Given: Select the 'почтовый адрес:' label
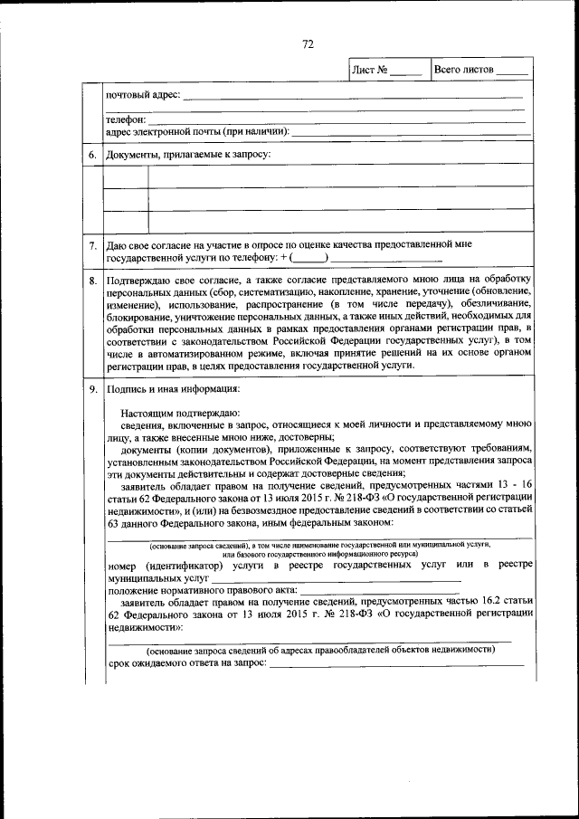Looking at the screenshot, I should [x=143, y=94].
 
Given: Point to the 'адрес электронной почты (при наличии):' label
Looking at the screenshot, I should [x=197, y=131].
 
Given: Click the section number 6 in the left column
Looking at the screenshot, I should [x=92, y=155].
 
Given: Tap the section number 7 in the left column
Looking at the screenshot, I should [x=92, y=245].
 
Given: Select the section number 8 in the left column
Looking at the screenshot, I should [x=92, y=281].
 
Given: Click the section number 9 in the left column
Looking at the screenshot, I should [x=92, y=390].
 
